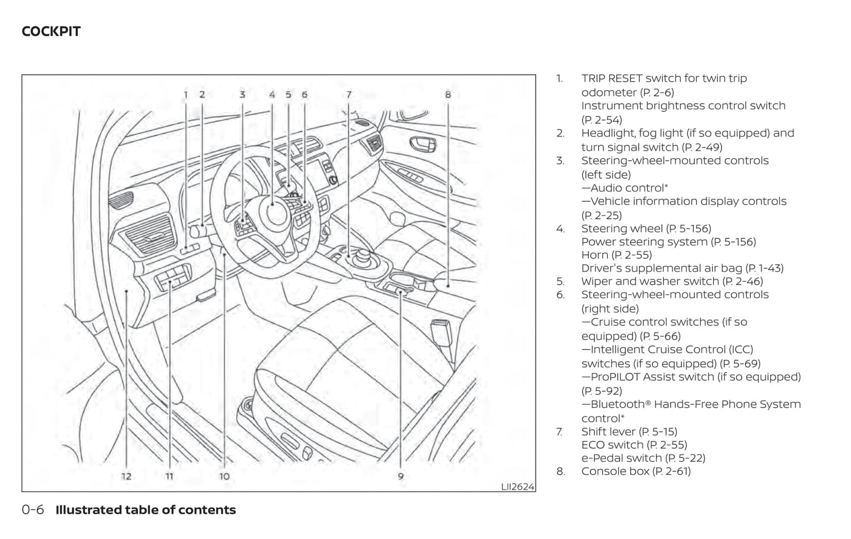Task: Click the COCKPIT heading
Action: (x=51, y=32)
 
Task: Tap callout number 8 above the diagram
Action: (x=448, y=94)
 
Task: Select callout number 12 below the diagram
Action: (x=127, y=476)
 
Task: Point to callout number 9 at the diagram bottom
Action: (x=400, y=476)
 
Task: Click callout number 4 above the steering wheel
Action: (x=272, y=94)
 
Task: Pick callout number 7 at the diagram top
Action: (x=349, y=94)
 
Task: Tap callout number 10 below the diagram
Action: (x=224, y=476)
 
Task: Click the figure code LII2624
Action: (x=517, y=486)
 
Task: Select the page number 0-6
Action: (x=33, y=510)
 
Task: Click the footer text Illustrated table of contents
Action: (x=145, y=510)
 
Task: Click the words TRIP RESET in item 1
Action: (x=611, y=78)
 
